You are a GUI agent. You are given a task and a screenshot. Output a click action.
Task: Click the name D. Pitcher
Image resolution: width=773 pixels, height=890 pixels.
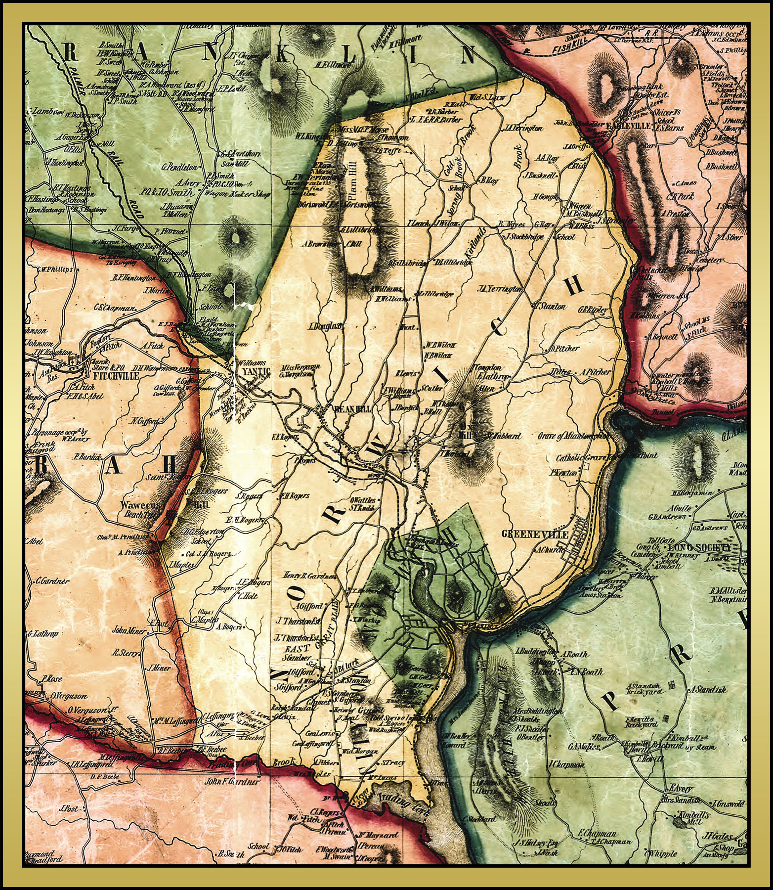(564, 348)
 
